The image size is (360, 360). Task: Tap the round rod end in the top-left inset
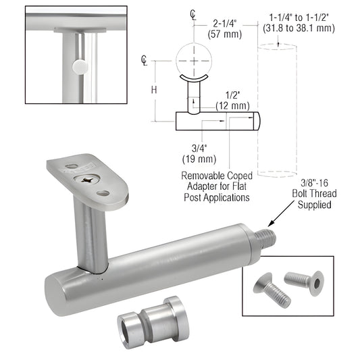click(80, 66)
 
